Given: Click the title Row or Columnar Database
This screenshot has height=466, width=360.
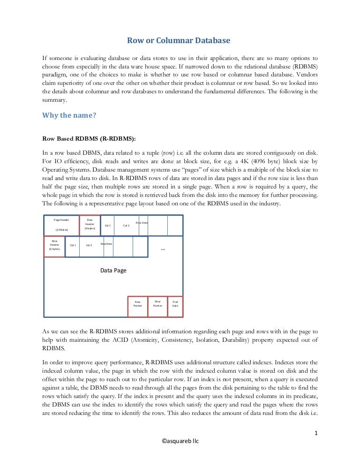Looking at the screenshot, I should click(180, 41).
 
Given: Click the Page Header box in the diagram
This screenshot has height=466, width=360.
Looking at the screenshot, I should click(61, 225).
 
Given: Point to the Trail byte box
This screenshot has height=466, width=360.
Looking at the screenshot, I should click(175, 304).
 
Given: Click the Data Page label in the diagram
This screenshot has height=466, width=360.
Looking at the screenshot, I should click(113, 271).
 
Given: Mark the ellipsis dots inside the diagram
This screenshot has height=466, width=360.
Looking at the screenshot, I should click(163, 249).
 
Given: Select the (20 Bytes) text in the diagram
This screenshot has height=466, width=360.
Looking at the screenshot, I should click(61, 230).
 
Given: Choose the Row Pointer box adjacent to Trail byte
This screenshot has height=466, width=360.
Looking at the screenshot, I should click(157, 304).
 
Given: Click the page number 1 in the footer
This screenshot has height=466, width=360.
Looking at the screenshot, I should click(316, 433).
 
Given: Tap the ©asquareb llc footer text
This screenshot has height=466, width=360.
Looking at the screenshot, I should click(180, 441).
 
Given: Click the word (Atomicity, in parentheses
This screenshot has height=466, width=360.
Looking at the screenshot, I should click(157, 340).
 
